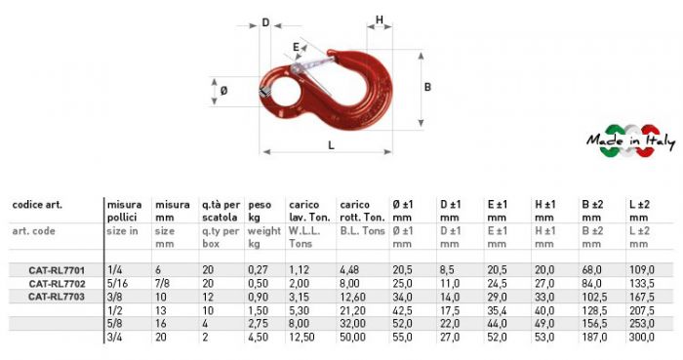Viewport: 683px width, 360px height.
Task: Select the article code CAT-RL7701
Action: pos(57,270)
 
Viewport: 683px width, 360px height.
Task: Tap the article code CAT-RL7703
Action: pos(57,297)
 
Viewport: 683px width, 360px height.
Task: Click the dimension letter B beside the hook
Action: pos(427,87)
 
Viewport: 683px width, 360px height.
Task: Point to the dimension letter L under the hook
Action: pos(331,145)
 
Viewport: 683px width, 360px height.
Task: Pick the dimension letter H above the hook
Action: pos(380,20)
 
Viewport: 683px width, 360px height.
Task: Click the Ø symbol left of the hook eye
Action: pos(223,91)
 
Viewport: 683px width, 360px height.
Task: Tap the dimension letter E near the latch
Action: pos(297,47)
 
